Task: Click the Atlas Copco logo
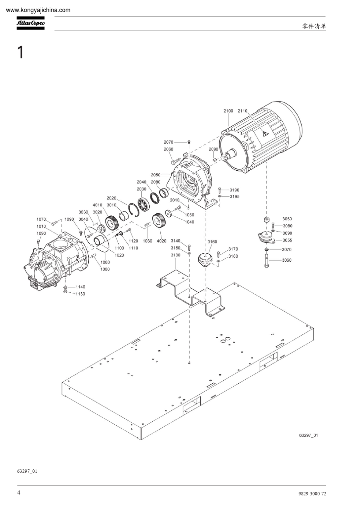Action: pyautogui.click(x=30, y=23)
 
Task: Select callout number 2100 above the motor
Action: pyautogui.click(x=228, y=111)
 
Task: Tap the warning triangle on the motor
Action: pyautogui.click(x=264, y=133)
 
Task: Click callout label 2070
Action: pyautogui.click(x=168, y=142)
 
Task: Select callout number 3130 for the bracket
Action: pyautogui.click(x=175, y=255)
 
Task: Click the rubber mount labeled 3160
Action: pyautogui.click(x=205, y=260)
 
